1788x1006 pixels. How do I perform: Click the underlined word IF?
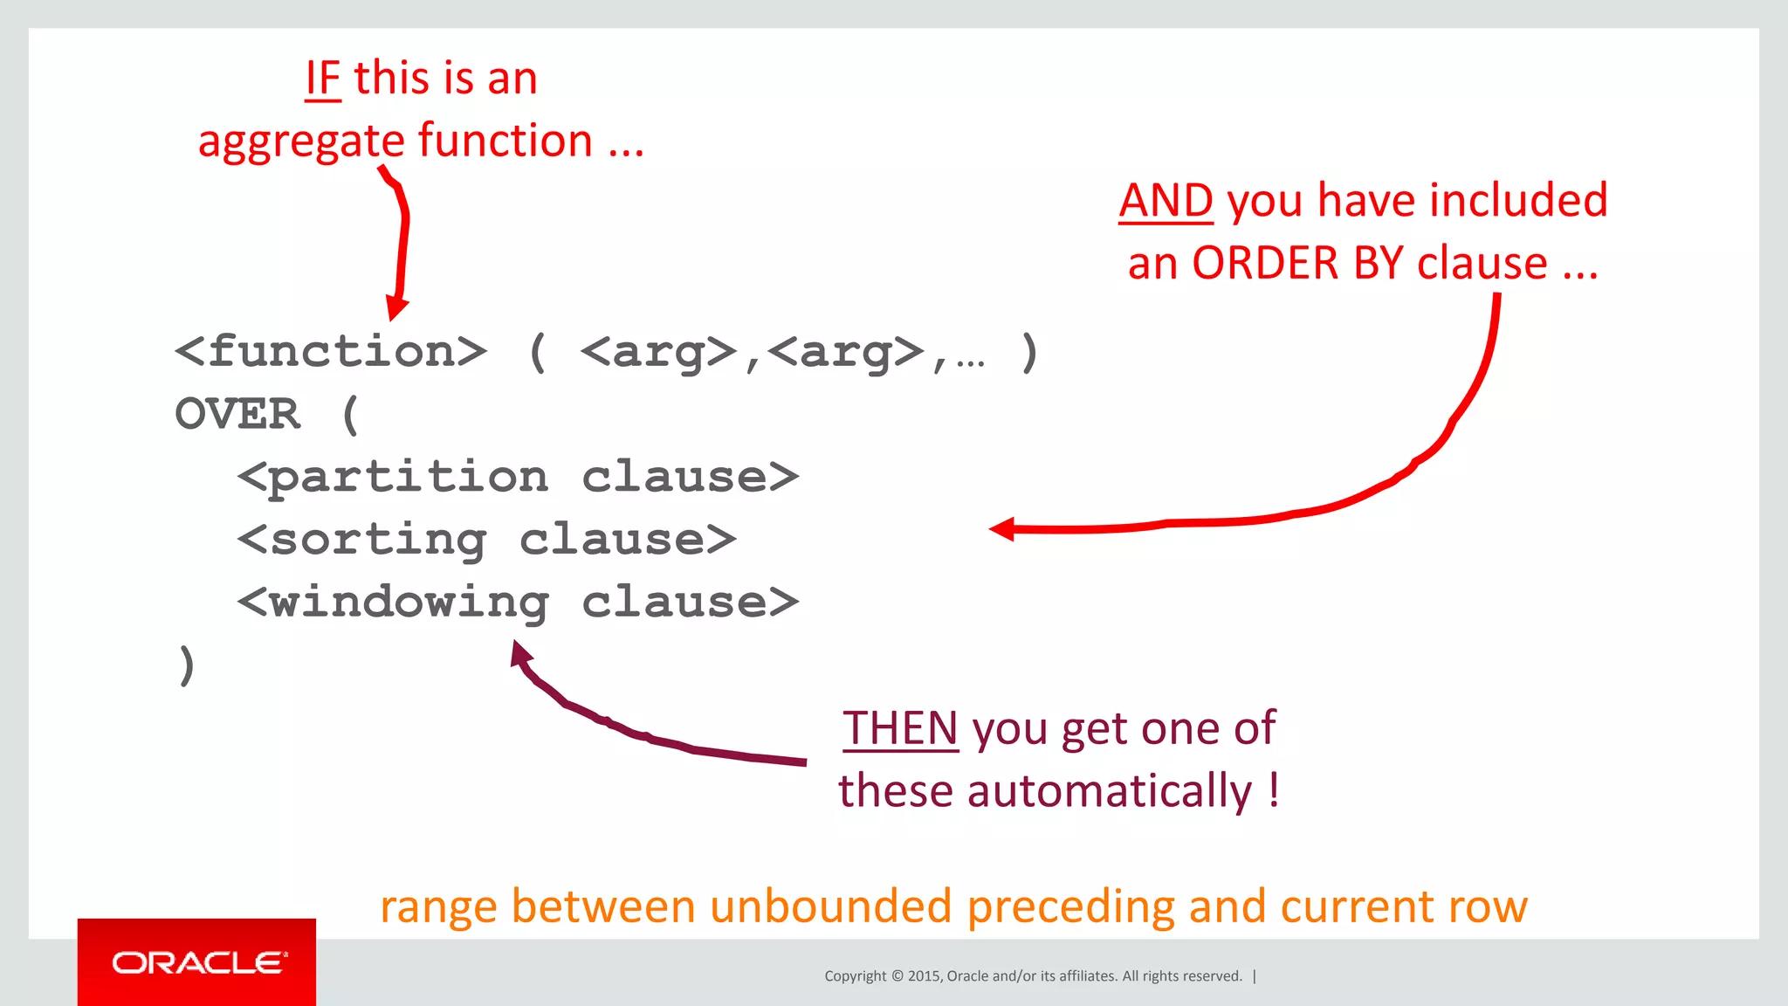pos(322,79)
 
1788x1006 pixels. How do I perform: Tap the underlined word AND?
pos(1166,201)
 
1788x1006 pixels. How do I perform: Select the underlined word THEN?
pos(900,728)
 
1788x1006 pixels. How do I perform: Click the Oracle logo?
pos(197,962)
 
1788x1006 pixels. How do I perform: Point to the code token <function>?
pos(330,352)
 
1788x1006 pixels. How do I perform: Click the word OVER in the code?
pos(237,414)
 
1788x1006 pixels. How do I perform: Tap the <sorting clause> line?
pos(486,540)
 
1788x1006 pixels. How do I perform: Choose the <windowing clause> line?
pos(518,603)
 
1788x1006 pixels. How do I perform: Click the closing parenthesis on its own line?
pos(186,665)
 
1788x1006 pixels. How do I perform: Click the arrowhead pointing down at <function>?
pos(396,308)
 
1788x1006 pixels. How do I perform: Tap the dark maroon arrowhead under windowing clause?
pos(520,653)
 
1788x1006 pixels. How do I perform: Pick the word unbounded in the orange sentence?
pos(830,906)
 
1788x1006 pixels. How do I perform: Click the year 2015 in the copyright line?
pos(924,976)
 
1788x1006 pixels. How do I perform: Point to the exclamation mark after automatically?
pos(1274,789)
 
